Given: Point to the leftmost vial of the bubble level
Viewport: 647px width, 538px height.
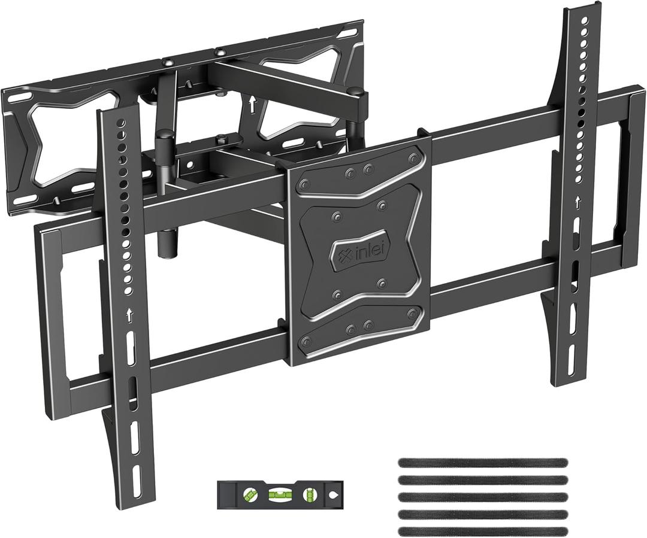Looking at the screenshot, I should [247, 495].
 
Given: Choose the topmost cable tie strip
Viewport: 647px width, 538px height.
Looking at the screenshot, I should [482, 462].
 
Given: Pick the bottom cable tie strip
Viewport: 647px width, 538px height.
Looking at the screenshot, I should [482, 531].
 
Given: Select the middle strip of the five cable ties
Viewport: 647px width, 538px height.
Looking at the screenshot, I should [482, 496].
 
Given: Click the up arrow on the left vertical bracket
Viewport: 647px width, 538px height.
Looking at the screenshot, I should [129, 313].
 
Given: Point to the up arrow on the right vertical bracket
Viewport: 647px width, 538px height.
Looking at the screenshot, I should [578, 202].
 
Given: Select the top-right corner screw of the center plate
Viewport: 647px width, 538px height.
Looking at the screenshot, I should [413, 159].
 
